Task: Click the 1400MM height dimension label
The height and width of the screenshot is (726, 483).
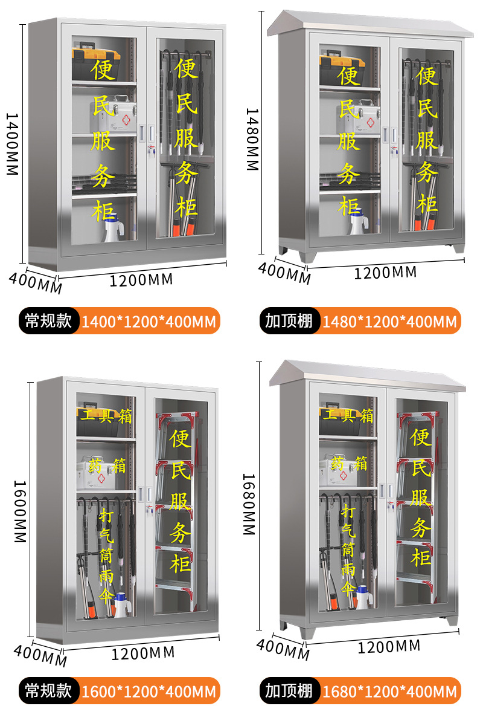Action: click(12, 144)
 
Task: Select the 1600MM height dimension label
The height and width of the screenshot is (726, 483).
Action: click(19, 511)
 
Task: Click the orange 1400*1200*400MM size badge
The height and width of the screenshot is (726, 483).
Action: click(149, 321)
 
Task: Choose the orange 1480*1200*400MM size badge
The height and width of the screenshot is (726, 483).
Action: click(389, 321)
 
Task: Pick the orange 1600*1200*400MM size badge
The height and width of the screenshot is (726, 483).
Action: click(149, 690)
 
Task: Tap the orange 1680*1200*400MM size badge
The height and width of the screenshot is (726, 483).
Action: click(389, 690)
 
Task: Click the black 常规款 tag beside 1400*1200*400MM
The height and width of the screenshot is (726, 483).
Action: click(48, 321)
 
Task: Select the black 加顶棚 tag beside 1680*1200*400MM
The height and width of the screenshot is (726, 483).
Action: click(289, 690)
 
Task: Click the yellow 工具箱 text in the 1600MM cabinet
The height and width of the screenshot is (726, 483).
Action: click(104, 415)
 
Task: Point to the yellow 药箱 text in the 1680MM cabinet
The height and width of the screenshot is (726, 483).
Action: click(345, 464)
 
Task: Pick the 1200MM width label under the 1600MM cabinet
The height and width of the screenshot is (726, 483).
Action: click(143, 653)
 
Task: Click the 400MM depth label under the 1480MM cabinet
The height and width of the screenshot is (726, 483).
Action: click(284, 273)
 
